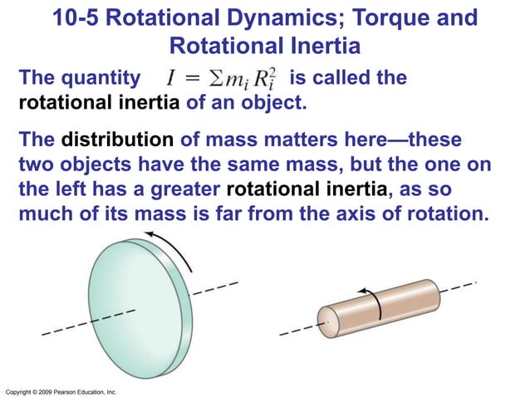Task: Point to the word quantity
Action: [101, 79]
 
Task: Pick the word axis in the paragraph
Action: [355, 216]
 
